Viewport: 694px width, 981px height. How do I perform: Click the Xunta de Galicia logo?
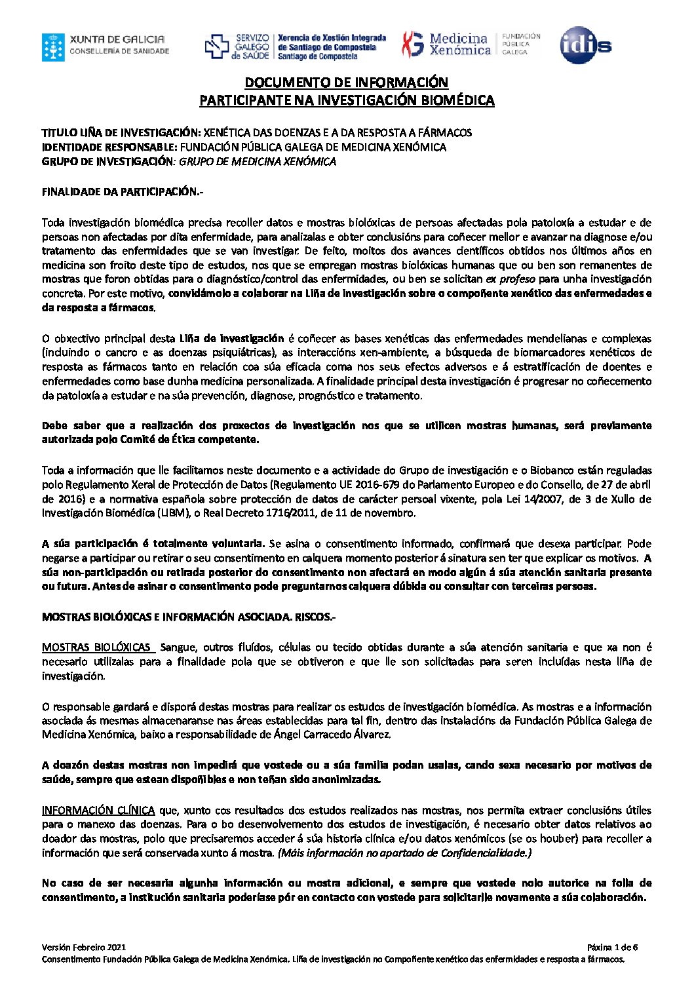click(x=106, y=47)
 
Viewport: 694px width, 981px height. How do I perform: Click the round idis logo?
click(x=585, y=45)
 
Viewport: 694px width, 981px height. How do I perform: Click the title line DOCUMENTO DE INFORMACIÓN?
click(x=346, y=83)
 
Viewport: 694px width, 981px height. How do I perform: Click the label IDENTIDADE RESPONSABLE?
click(x=109, y=147)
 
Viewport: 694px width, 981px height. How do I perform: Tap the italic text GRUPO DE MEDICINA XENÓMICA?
click(x=258, y=161)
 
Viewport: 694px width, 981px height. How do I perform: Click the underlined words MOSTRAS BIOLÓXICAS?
click(x=96, y=647)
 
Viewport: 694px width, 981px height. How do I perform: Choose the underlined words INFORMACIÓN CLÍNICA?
click(x=98, y=810)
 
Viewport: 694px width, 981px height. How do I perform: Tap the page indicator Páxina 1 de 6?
click(x=612, y=947)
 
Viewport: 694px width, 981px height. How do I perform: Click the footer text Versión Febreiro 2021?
click(x=83, y=947)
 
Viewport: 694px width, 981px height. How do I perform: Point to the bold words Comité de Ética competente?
click(x=190, y=439)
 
